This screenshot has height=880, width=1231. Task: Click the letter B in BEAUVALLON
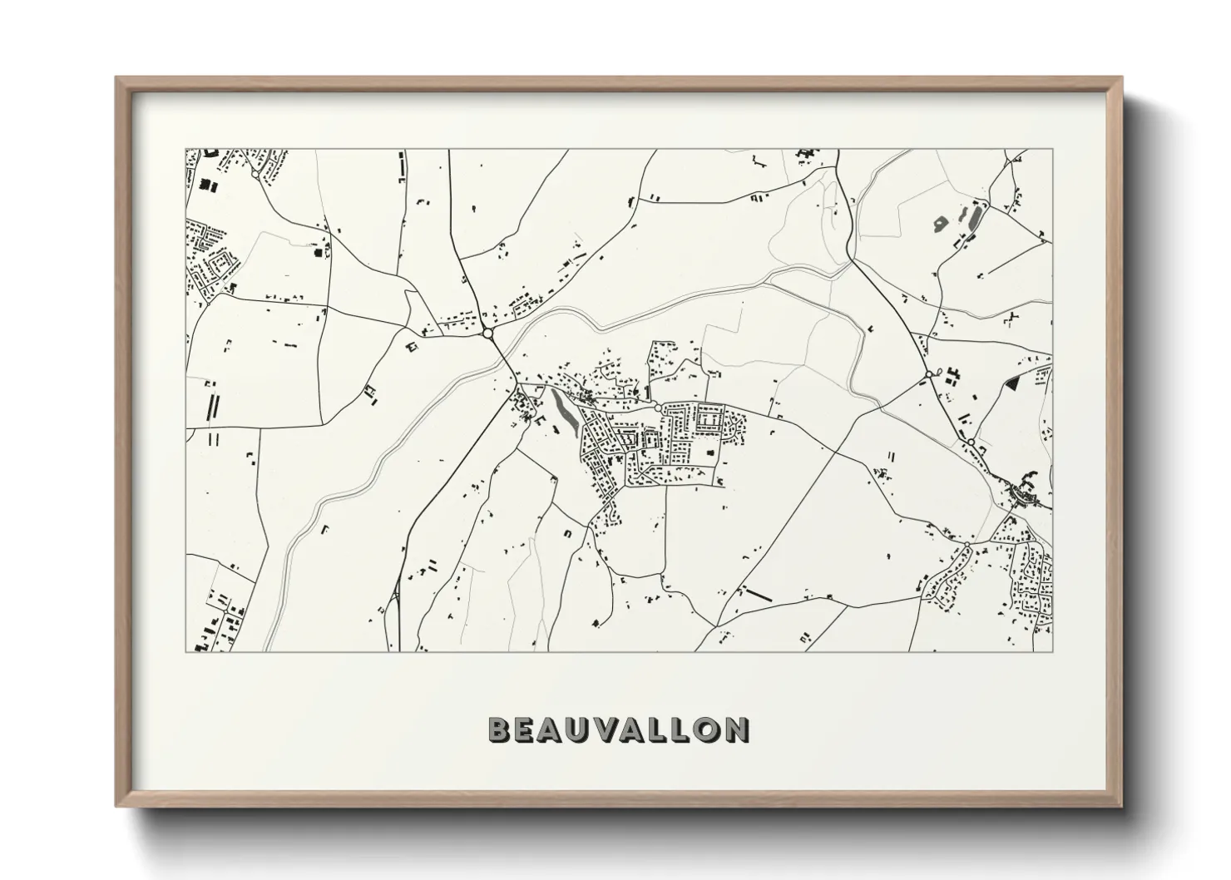coord(500,729)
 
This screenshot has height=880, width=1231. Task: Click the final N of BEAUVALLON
coord(734,729)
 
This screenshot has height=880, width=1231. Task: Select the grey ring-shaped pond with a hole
coord(941,222)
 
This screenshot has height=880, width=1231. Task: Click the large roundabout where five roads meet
coord(487,333)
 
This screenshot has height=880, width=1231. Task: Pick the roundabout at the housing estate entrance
coord(658,408)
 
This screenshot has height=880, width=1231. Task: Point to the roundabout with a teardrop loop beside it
coord(929,376)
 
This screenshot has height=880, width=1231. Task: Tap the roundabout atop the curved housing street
coord(967,544)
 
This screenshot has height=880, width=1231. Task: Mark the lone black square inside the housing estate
coord(710,452)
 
